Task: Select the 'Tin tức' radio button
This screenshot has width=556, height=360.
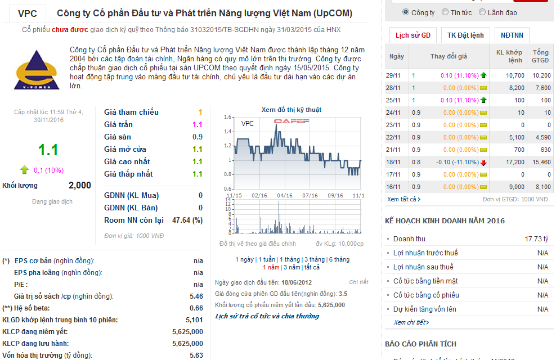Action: [x=446, y=12]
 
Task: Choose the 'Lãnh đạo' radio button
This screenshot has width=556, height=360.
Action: [x=483, y=12]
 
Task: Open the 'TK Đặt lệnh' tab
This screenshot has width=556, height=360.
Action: [x=465, y=35]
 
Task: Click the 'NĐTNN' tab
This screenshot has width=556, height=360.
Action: [x=512, y=35]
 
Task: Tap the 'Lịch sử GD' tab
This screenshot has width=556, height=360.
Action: [x=412, y=35]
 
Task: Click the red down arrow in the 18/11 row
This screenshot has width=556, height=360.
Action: [x=483, y=163]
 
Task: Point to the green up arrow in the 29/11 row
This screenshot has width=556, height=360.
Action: [x=483, y=75]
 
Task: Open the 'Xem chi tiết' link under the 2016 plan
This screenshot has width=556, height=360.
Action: [x=411, y=322]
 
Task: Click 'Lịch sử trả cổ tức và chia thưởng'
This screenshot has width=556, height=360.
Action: [x=267, y=316]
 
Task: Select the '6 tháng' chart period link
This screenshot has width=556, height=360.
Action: [x=339, y=259]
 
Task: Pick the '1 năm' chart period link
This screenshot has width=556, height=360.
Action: [x=271, y=267]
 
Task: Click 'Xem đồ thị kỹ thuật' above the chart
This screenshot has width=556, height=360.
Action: [x=292, y=110]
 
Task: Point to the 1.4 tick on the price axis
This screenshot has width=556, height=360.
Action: [x=227, y=132]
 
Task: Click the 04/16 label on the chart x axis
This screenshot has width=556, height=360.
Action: [x=285, y=196]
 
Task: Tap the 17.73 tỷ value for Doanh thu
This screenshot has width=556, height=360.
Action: [x=536, y=239]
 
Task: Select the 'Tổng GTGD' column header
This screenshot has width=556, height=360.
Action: [x=540, y=56]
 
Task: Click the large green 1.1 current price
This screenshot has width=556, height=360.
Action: [x=48, y=150]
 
